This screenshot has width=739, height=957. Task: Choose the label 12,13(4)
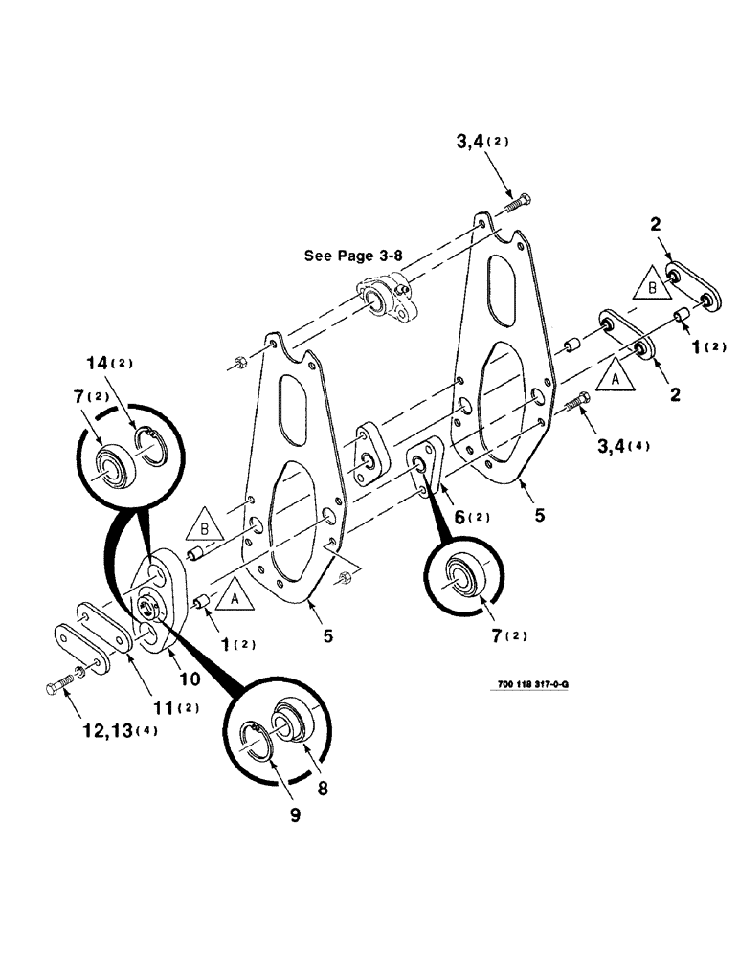[117, 730]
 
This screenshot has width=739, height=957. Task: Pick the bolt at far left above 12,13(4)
[58, 686]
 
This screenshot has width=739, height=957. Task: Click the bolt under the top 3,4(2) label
[518, 202]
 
